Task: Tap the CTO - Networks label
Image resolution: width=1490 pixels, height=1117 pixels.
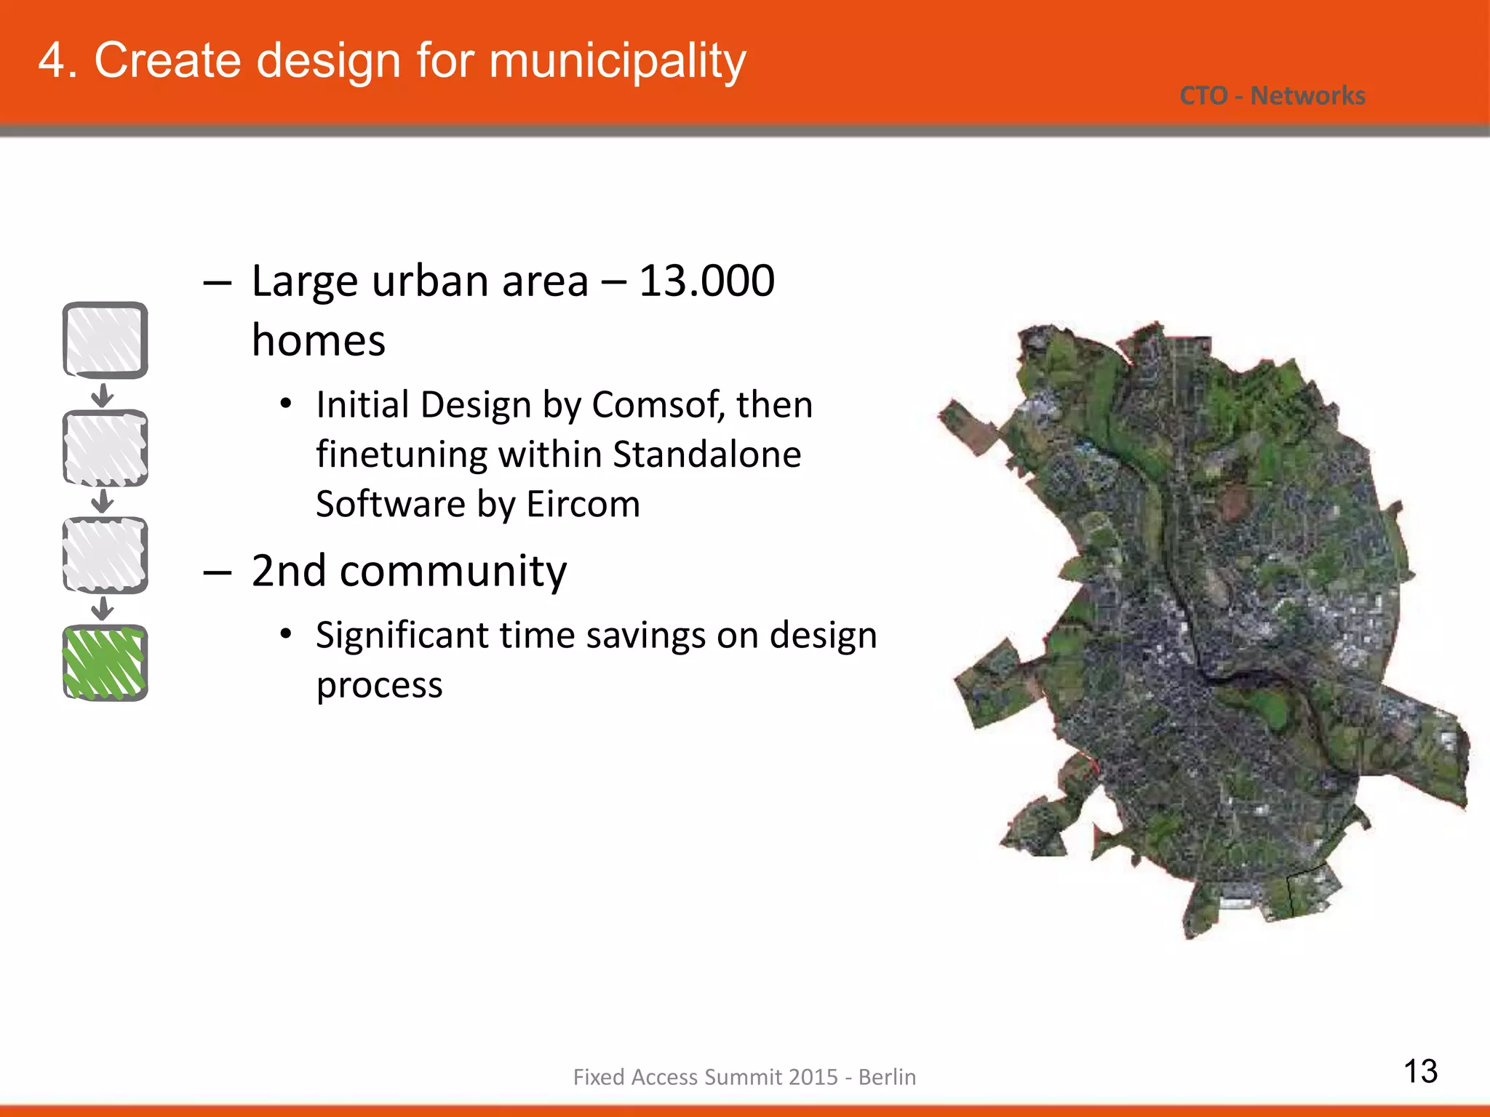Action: click(1272, 96)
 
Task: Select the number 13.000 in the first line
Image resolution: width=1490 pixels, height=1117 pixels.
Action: click(706, 281)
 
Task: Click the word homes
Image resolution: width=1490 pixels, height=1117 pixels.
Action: click(318, 340)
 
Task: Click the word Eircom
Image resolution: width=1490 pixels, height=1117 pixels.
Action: click(583, 504)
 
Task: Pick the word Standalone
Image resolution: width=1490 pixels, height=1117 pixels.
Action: click(706, 455)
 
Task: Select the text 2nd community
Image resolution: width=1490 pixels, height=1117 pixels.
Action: click(408, 571)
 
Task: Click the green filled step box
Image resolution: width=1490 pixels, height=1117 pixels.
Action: click(105, 662)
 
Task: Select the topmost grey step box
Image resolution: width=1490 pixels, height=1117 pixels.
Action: click(105, 340)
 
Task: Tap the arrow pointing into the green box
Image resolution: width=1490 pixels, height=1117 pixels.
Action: click(103, 608)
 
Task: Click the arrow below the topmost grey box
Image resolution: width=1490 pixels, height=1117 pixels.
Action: click(103, 395)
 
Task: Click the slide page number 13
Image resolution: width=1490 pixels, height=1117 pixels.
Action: click(1420, 1071)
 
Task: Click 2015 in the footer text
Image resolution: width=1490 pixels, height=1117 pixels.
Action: click(810, 1077)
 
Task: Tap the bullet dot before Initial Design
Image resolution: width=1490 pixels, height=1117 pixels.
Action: click(286, 404)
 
